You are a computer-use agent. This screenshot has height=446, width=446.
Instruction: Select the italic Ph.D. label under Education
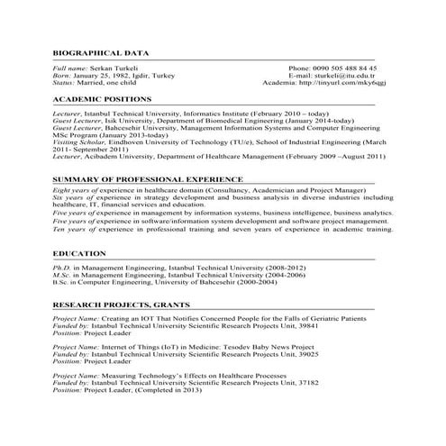coord(61,269)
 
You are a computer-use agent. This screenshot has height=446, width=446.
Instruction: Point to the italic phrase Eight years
coord(73,195)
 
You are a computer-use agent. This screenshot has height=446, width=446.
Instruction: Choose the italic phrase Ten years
coord(70,229)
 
